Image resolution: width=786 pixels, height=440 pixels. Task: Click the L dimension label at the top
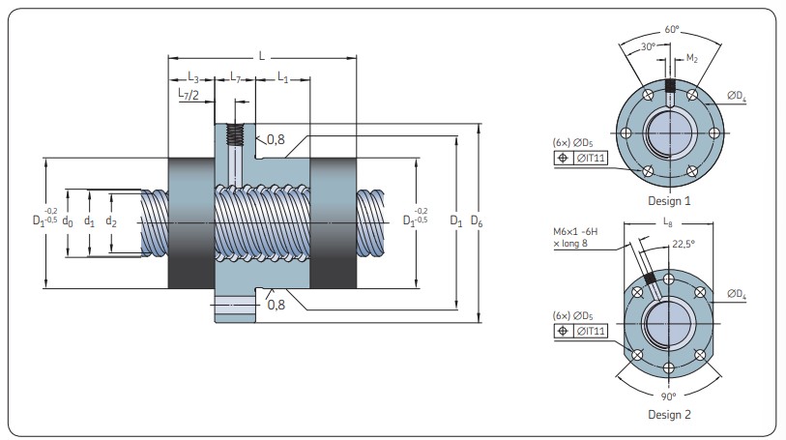tap(261, 56)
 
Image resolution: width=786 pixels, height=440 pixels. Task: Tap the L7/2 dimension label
tap(189, 95)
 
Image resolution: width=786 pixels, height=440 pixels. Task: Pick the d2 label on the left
tap(112, 221)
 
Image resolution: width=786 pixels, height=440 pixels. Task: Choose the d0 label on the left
tap(68, 221)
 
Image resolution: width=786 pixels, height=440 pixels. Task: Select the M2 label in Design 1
tap(692, 60)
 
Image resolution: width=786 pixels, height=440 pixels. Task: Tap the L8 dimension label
tap(669, 224)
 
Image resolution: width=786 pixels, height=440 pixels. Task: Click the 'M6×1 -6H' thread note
tap(578, 232)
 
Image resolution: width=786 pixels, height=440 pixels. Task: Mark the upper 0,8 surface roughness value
tap(276, 138)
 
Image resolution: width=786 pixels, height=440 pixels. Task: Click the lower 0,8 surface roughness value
tap(276, 305)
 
